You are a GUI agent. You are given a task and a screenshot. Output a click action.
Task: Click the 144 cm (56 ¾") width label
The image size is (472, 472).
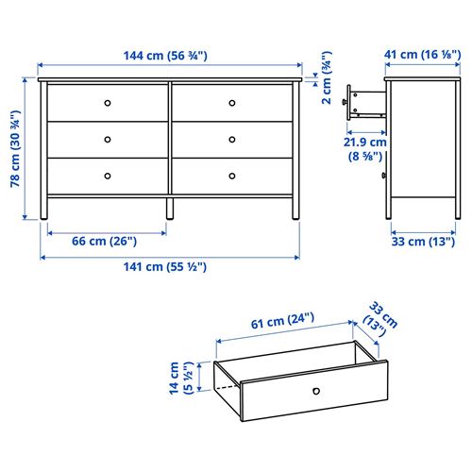[x=165, y=56]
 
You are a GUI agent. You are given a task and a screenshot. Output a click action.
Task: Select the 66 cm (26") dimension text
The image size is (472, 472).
[x=105, y=241]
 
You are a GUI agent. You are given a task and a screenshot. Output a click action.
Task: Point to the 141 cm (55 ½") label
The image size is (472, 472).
[x=165, y=266]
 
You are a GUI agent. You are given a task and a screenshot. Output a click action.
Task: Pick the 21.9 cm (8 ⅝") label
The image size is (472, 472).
[x=364, y=147]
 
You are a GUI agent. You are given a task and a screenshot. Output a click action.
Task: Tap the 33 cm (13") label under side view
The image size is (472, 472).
[x=422, y=241]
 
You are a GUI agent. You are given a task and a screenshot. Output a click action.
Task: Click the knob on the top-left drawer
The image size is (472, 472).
[x=107, y=102]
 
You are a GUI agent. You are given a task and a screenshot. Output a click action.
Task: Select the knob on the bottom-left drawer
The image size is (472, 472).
[x=107, y=175]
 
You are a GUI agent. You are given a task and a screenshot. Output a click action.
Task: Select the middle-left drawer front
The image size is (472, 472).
[x=107, y=139]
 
